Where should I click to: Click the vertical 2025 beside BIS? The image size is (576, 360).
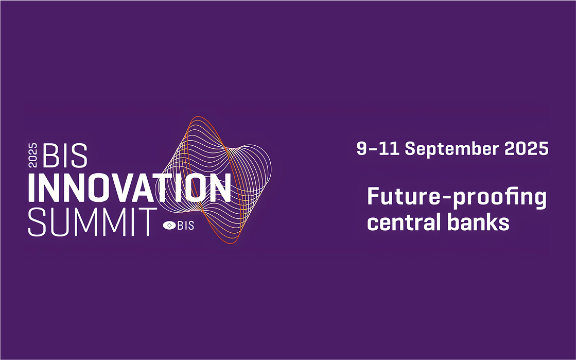point(33,155)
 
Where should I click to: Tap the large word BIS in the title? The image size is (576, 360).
point(65,156)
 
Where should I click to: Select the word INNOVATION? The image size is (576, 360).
point(130,187)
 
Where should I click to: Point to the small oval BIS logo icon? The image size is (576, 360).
point(169,225)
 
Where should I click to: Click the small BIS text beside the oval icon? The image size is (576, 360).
point(186,225)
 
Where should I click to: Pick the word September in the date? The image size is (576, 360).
point(452,149)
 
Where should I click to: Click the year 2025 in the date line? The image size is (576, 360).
point(527,148)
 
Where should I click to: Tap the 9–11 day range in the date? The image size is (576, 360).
point(378,148)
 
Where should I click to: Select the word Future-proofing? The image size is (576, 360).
point(457,198)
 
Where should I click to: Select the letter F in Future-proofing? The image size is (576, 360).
point(374,196)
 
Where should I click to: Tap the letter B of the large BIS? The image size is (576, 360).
point(51,156)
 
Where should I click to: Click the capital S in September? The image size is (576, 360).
point(411,148)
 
